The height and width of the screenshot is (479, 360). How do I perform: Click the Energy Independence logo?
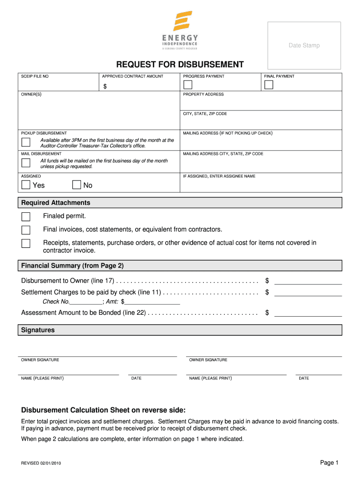pos(180,30)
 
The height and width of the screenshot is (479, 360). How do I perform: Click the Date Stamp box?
pos(304,45)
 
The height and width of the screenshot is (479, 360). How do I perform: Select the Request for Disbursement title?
pos(180,65)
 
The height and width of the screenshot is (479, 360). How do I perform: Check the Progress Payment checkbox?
pos(187,85)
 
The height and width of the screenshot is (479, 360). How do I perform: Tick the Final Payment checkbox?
pos(269,85)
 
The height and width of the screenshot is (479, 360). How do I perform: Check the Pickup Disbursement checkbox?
pos(26,142)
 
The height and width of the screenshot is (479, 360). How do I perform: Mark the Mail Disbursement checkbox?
pos(26,163)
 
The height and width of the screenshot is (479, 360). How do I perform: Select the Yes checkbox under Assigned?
pos(26,185)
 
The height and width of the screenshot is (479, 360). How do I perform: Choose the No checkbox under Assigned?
pos(77,185)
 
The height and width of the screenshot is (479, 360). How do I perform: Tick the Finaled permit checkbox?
pos(26,217)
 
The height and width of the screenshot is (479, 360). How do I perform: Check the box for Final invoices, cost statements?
pos(26,230)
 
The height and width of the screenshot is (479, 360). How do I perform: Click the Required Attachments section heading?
pos(56,203)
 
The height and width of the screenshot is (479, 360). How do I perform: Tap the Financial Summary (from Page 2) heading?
pos(72,266)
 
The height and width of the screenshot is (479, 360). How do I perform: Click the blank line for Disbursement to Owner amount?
pos(308,281)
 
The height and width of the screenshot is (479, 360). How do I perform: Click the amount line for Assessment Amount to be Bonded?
pos(308,313)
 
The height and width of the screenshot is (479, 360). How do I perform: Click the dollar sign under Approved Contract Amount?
pos(105,87)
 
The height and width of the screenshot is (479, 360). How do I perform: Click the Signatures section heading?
pos(38,330)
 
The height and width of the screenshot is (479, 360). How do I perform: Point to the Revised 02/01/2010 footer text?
pos(41,463)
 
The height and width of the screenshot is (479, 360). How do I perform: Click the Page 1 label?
pos(329,463)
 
